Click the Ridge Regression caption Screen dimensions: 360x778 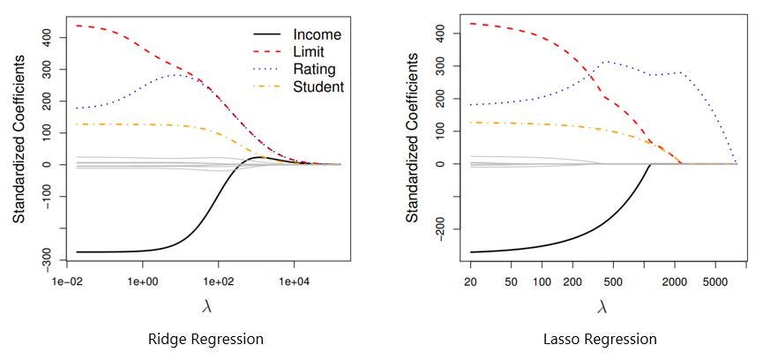tap(206, 339)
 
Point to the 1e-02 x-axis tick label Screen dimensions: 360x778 tap(68, 280)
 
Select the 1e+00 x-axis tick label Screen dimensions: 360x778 tap(143, 280)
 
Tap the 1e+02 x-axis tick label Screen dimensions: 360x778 tap(218, 280)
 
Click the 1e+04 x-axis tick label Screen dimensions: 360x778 tap(293, 280)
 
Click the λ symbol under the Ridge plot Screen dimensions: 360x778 tap(206, 306)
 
